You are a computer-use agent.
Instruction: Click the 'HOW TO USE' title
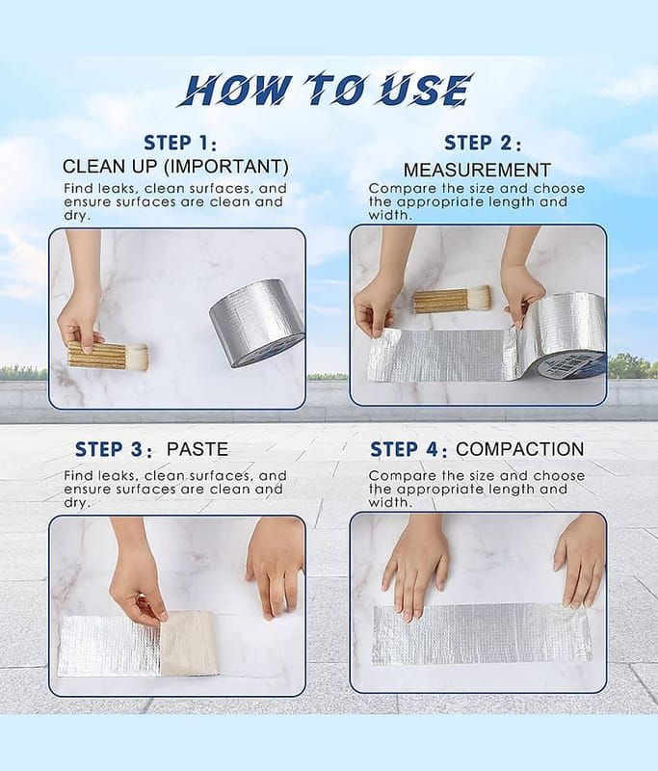point(326,90)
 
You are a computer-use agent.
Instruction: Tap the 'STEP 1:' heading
point(180,143)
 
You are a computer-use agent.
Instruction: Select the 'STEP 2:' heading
point(483,143)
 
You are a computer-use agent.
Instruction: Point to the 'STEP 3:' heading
point(114,449)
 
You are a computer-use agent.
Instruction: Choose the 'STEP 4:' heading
point(408,449)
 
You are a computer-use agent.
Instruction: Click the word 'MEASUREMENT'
point(477,171)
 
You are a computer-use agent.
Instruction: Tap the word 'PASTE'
point(197,449)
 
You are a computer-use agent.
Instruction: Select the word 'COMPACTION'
point(520,449)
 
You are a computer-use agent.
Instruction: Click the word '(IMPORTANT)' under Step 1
point(226,167)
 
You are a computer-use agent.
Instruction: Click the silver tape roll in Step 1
point(256,323)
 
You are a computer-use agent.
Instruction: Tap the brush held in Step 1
point(108,355)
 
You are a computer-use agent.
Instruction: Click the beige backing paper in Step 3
point(189,643)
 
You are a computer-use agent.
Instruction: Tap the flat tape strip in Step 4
point(482,634)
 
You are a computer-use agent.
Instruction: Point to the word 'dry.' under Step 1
point(77,216)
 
